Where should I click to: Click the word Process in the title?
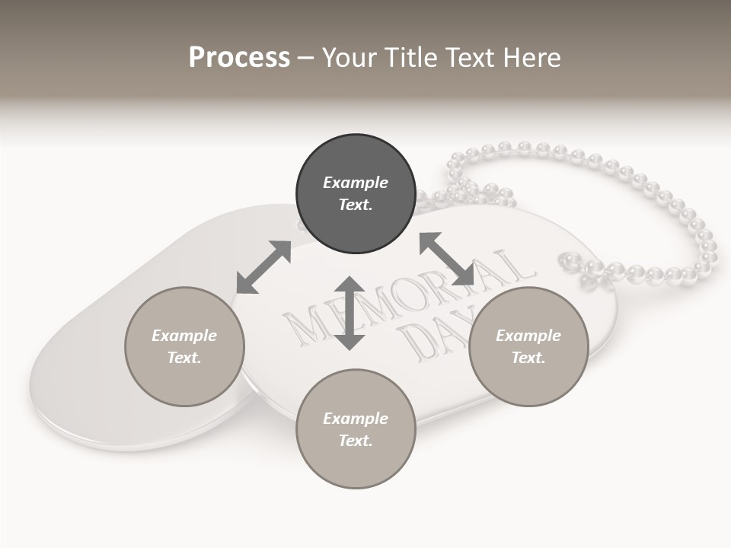click(x=239, y=58)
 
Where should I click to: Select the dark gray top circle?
click(x=356, y=194)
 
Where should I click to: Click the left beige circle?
click(x=184, y=346)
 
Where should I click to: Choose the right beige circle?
click(x=528, y=346)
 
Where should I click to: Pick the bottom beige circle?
click(x=356, y=429)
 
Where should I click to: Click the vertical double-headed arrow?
click(x=350, y=313)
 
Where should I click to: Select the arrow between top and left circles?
click(x=263, y=267)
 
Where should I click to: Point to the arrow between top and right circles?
click(x=447, y=259)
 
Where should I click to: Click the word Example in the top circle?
click(x=356, y=183)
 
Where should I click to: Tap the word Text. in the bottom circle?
click(x=356, y=441)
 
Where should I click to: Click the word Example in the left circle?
click(x=184, y=336)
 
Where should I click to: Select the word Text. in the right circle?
click(x=528, y=358)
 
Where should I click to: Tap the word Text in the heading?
click(x=467, y=58)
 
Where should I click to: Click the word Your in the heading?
click(x=348, y=58)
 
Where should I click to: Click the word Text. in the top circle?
click(x=356, y=205)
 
